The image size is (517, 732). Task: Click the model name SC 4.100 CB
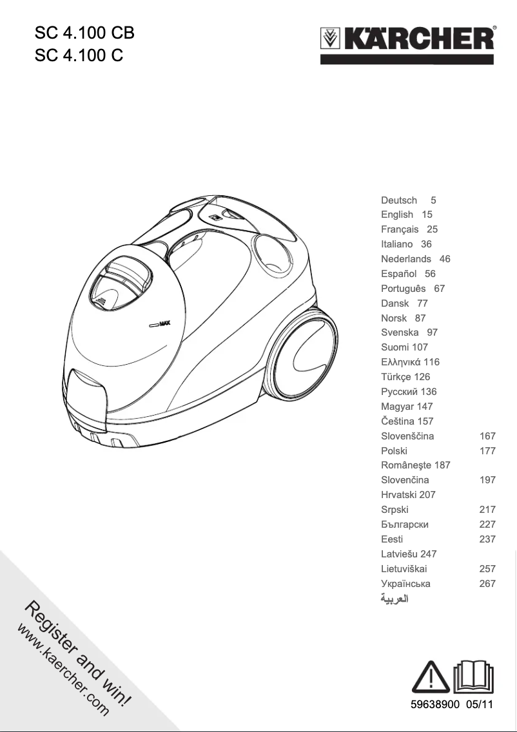84,33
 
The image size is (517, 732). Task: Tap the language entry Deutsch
399,200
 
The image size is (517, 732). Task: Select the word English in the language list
397,215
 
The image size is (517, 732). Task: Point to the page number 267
487,584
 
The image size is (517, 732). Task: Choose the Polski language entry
394,451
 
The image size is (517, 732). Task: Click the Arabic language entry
395,599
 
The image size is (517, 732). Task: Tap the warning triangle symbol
430,676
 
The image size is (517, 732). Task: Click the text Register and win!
81,651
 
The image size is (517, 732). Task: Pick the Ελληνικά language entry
401,362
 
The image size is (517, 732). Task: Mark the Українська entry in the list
405,584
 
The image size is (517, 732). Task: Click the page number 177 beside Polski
487,451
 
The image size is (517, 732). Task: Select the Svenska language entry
400,332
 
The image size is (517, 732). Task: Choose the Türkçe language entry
397,377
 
